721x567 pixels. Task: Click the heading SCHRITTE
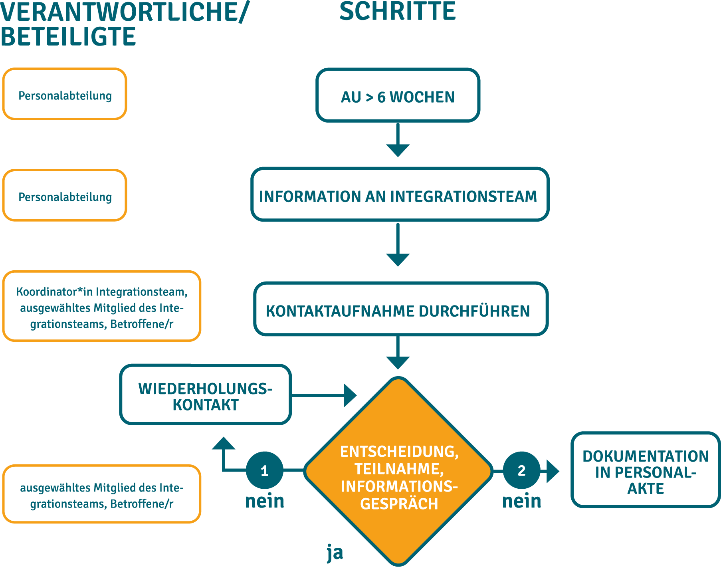(397, 11)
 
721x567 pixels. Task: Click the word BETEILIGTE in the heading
(68, 37)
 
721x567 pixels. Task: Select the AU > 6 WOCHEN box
(398, 95)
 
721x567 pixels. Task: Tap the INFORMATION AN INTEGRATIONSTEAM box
(400, 194)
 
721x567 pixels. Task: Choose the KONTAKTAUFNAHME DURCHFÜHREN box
(401, 309)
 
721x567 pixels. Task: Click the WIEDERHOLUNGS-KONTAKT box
(205, 395)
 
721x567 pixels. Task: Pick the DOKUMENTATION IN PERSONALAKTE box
(646, 470)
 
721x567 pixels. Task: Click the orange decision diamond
(398, 471)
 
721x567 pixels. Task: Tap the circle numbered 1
(265, 470)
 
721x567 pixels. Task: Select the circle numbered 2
(521, 470)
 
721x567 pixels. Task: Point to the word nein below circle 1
(265, 501)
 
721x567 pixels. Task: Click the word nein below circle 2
(522, 501)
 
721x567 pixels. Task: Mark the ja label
(335, 553)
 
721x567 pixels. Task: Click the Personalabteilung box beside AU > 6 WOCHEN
(65, 94)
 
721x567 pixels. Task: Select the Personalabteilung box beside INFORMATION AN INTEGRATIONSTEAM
(65, 195)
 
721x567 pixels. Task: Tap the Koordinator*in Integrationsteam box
(101, 306)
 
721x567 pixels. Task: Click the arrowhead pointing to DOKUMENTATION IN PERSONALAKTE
(553, 471)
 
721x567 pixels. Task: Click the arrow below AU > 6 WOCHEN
(398, 140)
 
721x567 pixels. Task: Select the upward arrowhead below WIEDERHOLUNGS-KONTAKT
(224, 443)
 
